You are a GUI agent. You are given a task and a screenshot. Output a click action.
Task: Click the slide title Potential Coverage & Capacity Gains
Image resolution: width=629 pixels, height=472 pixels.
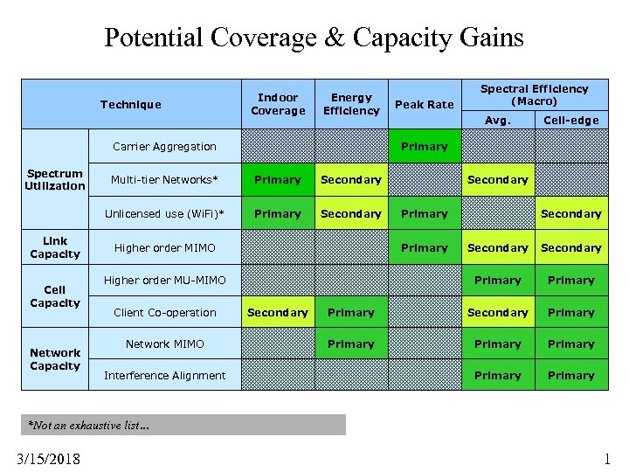(x=314, y=38)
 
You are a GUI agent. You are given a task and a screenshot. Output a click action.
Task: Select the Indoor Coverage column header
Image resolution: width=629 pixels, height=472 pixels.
(x=278, y=104)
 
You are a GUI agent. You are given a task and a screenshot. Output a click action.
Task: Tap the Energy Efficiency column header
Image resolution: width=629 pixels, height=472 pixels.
(x=350, y=104)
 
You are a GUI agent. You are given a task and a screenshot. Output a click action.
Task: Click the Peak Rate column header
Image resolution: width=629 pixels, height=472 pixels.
(x=424, y=105)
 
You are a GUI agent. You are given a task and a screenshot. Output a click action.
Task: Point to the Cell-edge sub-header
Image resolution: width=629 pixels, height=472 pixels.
(x=570, y=120)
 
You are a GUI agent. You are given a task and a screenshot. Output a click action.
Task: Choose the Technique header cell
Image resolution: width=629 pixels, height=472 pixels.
(x=130, y=105)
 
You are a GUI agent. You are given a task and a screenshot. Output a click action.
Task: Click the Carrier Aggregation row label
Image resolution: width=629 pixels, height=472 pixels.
(x=164, y=147)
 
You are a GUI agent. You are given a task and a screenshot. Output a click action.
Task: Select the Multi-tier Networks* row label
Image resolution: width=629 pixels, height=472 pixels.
(x=164, y=180)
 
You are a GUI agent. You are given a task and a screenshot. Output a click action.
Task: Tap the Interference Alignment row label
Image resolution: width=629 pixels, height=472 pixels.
(x=164, y=376)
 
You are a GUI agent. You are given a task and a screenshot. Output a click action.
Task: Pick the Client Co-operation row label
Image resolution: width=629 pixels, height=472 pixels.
(x=164, y=313)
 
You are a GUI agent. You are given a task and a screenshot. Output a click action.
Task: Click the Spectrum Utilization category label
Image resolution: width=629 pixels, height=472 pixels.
(x=54, y=180)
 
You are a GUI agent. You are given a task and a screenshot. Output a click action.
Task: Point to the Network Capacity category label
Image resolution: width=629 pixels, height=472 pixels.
(x=54, y=360)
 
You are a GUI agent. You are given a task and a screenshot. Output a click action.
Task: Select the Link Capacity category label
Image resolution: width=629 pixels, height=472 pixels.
(x=54, y=247)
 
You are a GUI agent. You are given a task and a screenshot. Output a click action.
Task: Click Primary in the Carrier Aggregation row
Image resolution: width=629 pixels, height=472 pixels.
(x=424, y=147)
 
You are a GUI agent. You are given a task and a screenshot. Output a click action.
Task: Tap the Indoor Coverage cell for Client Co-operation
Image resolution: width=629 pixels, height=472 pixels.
(x=278, y=313)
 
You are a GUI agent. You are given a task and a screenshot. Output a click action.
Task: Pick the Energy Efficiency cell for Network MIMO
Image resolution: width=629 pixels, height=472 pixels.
(x=350, y=344)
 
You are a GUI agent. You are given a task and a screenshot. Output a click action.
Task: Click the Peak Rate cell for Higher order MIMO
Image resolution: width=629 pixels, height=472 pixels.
(x=424, y=248)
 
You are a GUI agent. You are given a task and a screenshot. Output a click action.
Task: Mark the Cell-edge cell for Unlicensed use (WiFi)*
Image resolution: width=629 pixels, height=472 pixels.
(x=570, y=214)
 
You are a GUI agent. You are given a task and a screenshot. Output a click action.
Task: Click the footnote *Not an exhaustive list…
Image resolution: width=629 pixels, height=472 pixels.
(x=89, y=426)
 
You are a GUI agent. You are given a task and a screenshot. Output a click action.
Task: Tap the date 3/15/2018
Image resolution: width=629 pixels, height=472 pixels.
(x=47, y=458)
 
